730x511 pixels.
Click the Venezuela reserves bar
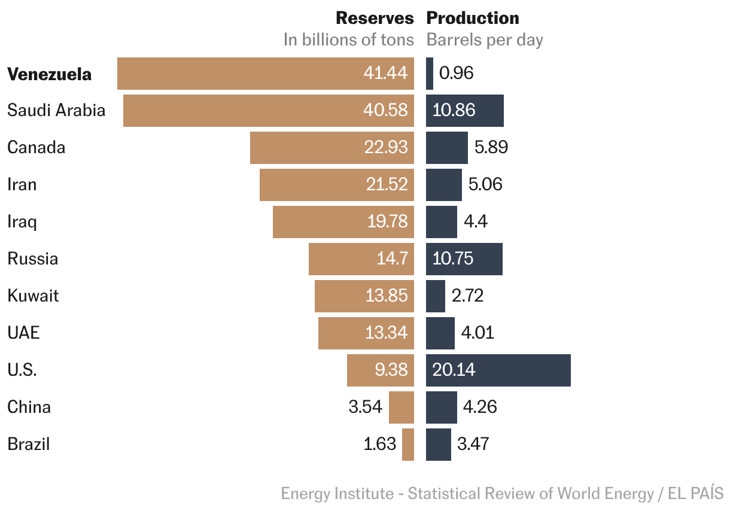pyautogui.click(x=265, y=74)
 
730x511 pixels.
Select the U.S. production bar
pyautogui.click(x=498, y=370)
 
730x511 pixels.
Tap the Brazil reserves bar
pyautogui.click(x=408, y=444)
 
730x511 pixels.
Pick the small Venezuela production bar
pyautogui.click(x=430, y=74)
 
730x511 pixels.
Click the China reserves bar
pyautogui.click(x=401, y=407)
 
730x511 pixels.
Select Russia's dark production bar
pyautogui.click(x=464, y=258)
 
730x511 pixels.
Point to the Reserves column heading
pyautogui.click(x=375, y=18)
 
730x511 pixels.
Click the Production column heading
pyautogui.click(x=473, y=18)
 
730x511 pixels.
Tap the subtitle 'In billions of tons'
pyautogui.click(x=348, y=40)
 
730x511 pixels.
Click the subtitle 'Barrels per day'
pyautogui.click(x=485, y=40)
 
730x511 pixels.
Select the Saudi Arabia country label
pyautogui.click(x=56, y=111)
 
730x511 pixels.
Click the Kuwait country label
pyautogui.click(x=33, y=296)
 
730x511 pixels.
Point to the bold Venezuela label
pyautogui.click(x=50, y=74)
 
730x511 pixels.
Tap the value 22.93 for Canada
pyautogui.click(x=386, y=147)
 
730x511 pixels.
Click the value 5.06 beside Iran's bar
pyautogui.click(x=485, y=184)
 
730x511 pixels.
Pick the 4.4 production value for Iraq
pyautogui.click(x=476, y=221)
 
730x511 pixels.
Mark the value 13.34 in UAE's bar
pyautogui.click(x=387, y=333)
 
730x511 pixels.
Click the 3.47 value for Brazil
pyautogui.click(x=473, y=444)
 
